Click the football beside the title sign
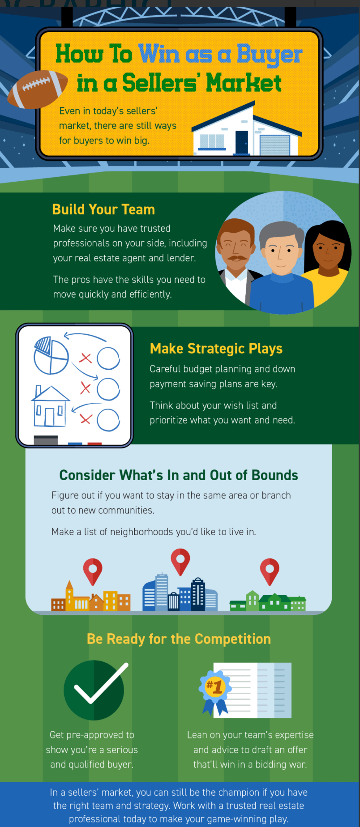pyautogui.click(x=38, y=89)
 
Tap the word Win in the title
pyautogui.click(x=159, y=54)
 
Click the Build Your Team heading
pyautogui.click(x=103, y=209)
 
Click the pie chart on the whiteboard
pyautogui.click(x=51, y=356)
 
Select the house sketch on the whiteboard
pyautogui.click(x=50, y=406)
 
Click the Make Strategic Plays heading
pyautogui.click(x=216, y=349)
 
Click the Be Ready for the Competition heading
pyautogui.click(x=179, y=639)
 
